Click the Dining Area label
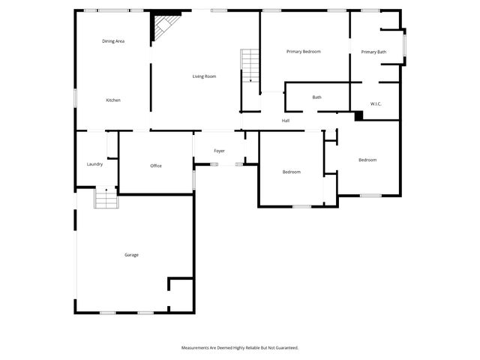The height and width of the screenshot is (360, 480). pos(113,40)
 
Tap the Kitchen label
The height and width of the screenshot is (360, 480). pos(113,100)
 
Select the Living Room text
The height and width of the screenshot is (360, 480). pos(204,76)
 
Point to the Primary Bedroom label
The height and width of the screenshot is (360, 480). pos(304,52)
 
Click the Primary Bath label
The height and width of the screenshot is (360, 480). pos(373,52)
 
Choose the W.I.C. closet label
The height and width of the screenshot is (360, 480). pos(376,103)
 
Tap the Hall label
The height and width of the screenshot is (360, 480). pos(286,121)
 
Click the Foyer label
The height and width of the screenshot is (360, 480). pos(219,151)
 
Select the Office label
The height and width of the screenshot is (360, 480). pos(156,166)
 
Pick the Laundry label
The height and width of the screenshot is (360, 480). pos(94,164)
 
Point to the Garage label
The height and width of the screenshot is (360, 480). pos(131,255)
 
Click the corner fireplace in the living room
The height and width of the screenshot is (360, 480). pos(164,28)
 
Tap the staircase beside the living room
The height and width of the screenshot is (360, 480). pos(250,65)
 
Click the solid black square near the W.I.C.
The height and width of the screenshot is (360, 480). pos(358,115)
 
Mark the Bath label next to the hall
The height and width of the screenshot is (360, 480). pos(317,97)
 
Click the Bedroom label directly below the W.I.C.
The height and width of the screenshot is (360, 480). pos(367,160)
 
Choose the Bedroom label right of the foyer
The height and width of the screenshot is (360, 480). pos(291,172)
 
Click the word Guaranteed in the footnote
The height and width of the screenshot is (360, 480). pos(286,348)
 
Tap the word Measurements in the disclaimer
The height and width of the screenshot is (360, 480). pos(197,348)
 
